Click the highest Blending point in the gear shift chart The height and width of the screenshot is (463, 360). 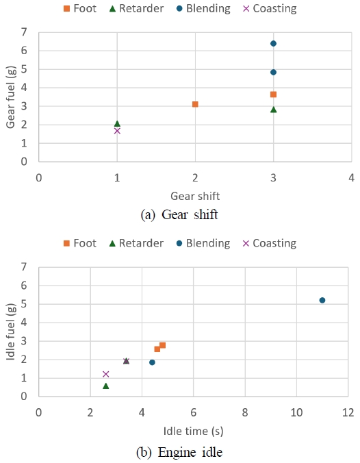[x=273, y=44]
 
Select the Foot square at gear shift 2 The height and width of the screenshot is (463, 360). [x=195, y=104]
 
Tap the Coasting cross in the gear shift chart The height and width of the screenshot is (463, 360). [x=117, y=131]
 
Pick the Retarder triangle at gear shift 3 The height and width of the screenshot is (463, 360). [x=274, y=110]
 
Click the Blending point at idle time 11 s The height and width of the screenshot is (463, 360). [x=322, y=300]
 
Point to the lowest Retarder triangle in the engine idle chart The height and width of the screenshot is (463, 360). [x=106, y=386]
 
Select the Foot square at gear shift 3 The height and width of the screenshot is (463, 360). [x=273, y=95]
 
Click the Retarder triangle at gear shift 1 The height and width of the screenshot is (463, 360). [x=117, y=123]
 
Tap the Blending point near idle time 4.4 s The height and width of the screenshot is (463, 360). [x=152, y=362]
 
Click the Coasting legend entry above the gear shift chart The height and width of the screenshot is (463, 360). [x=270, y=8]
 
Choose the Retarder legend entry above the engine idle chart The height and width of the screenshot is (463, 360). [x=136, y=243]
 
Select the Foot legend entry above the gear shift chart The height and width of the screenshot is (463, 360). [x=80, y=8]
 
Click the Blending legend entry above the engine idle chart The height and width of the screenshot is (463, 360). [x=203, y=243]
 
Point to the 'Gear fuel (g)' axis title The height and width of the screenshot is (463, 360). [x=11, y=97]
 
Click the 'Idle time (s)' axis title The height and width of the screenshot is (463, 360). [x=193, y=431]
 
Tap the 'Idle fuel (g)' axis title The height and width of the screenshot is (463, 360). [x=11, y=332]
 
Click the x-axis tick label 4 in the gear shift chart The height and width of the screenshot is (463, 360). [x=351, y=178]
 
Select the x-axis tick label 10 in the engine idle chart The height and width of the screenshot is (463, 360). [x=296, y=412]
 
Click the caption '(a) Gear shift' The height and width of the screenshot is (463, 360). [x=179, y=214]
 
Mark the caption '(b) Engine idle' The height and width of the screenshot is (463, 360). [x=179, y=452]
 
